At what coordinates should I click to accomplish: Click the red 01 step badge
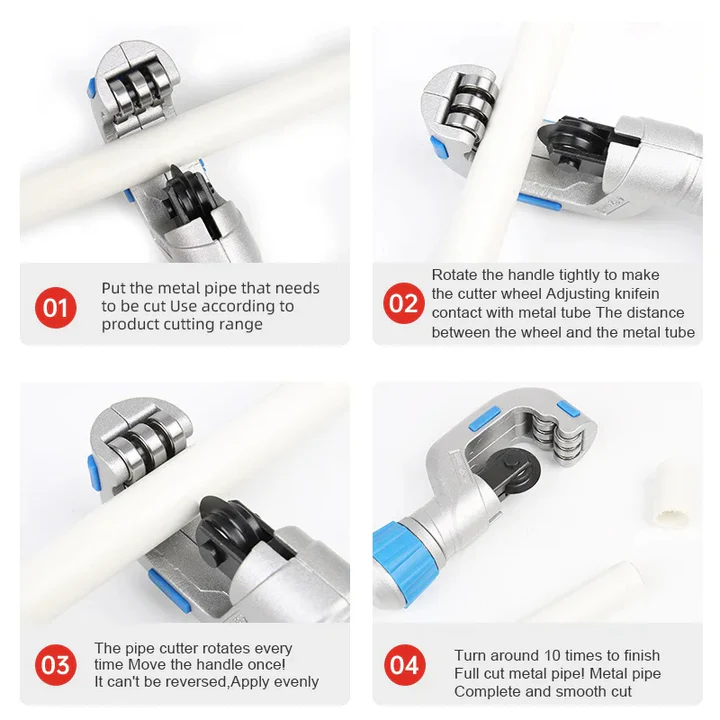coord(56,305)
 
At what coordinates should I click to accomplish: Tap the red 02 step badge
coord(404,303)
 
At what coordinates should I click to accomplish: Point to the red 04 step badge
coord(404,663)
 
